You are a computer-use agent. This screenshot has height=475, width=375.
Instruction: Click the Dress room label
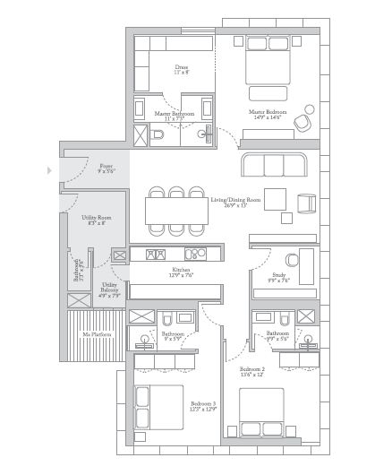click(x=180, y=66)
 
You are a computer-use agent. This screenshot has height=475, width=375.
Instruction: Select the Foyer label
click(x=107, y=166)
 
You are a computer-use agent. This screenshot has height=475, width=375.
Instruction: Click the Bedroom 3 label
click(x=203, y=404)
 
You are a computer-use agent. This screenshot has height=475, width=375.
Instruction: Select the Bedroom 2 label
click(x=252, y=369)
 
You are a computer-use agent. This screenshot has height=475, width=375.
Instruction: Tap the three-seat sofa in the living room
click(x=274, y=165)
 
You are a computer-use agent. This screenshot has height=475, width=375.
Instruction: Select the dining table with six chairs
click(x=176, y=212)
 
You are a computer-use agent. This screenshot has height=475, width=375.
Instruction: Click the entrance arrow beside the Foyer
click(x=50, y=168)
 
